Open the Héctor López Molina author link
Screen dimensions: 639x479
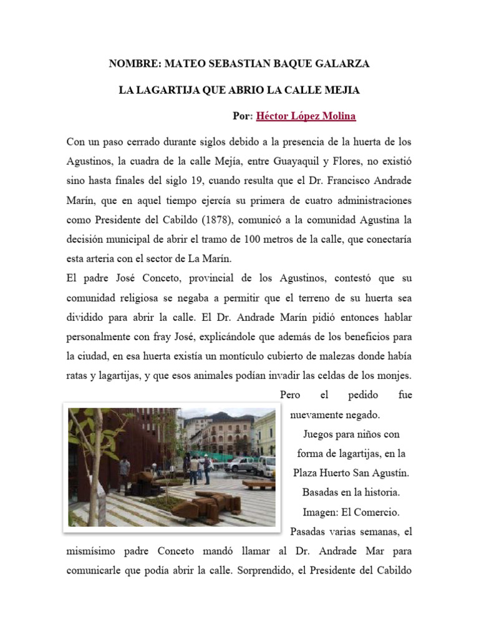(306, 117)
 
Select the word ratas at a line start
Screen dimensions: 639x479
(77, 376)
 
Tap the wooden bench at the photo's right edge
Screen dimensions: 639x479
(259, 484)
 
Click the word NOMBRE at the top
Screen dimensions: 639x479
(134, 64)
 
